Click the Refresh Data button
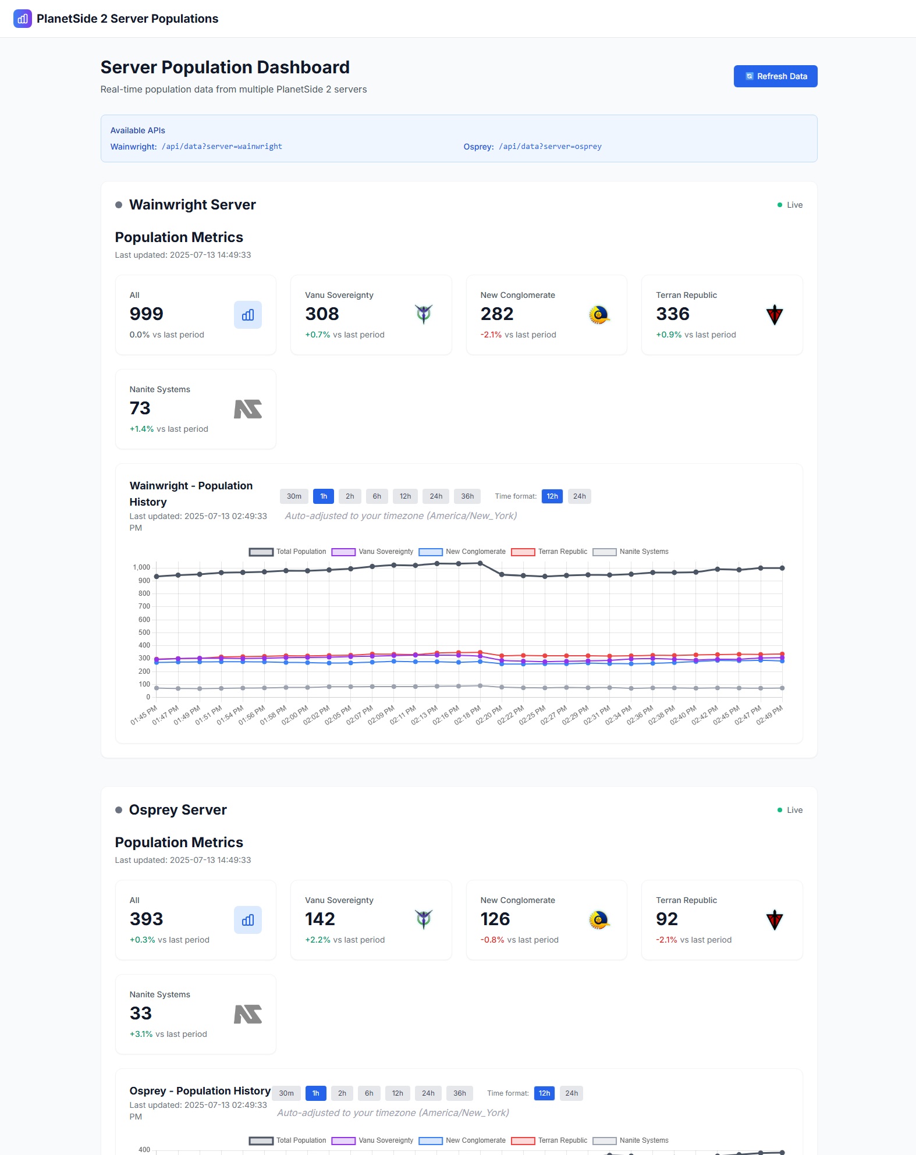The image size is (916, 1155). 775,76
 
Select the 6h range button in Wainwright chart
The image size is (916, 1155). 377,496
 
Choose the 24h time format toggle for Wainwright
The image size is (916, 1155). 579,496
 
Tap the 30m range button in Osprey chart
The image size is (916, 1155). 286,1093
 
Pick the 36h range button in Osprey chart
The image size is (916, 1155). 459,1093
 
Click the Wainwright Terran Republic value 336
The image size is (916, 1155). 673,314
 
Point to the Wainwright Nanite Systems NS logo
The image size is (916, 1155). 247,409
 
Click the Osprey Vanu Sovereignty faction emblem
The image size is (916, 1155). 424,919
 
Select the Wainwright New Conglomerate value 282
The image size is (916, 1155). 496,314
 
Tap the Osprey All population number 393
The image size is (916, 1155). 146,919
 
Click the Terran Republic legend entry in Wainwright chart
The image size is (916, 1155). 549,552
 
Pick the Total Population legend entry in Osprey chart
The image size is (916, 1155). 287,1140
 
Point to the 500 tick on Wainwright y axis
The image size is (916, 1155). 144,632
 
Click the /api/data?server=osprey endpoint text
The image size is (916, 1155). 550,147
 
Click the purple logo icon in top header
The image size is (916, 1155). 23,19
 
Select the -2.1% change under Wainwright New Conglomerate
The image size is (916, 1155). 491,335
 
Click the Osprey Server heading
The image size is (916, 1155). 177,810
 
